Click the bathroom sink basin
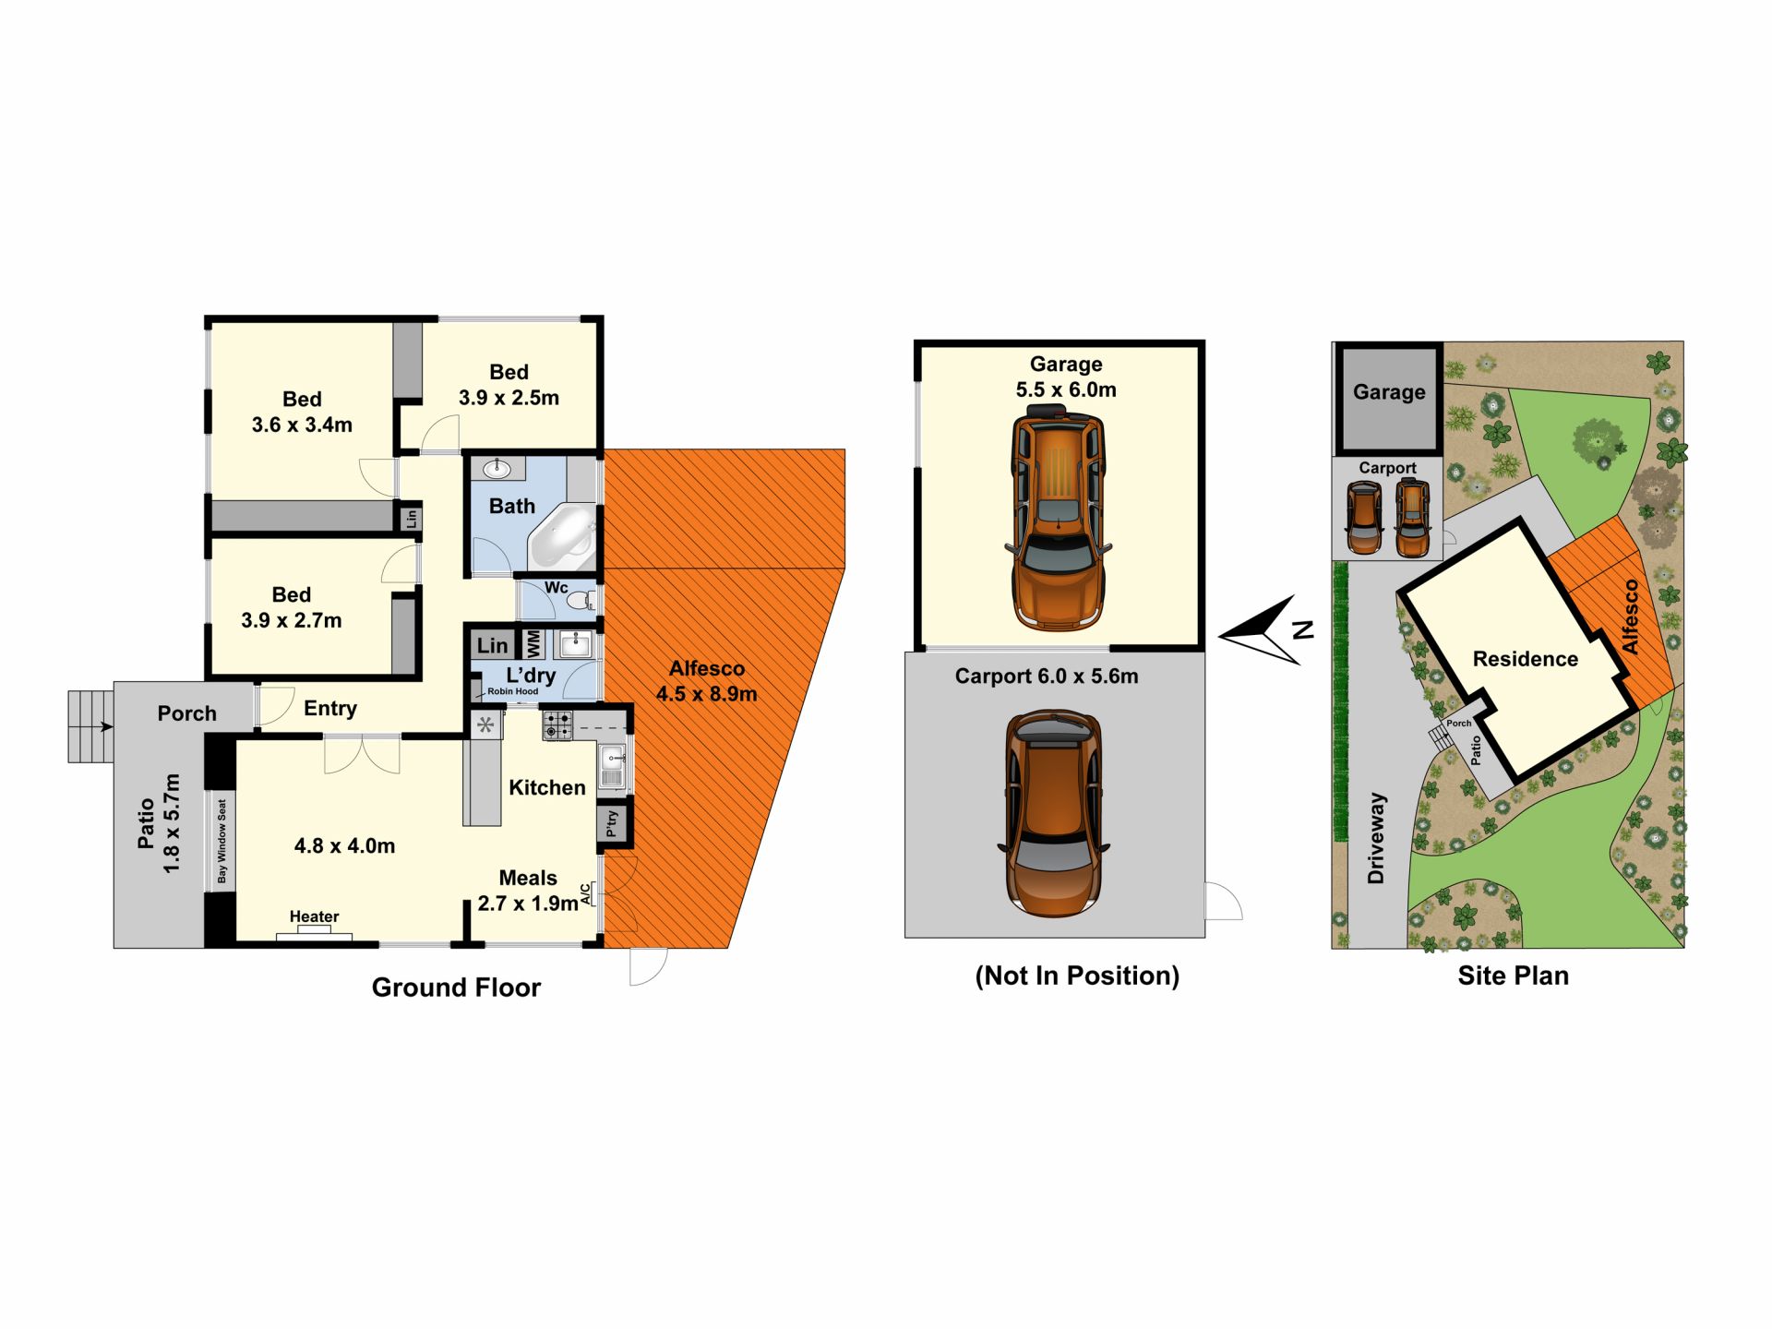[497, 468]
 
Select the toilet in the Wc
[581, 601]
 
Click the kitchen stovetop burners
[557, 724]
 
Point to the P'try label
[612, 823]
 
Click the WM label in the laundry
[533, 643]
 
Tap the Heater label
[314, 916]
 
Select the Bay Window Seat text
[221, 841]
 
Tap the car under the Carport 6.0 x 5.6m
[1053, 813]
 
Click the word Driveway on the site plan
[1376, 837]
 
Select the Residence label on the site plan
[1525, 659]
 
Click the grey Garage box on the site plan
[1389, 398]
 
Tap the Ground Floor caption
[456, 988]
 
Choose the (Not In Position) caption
[1077, 976]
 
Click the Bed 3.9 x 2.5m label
[509, 385]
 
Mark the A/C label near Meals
[585, 892]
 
